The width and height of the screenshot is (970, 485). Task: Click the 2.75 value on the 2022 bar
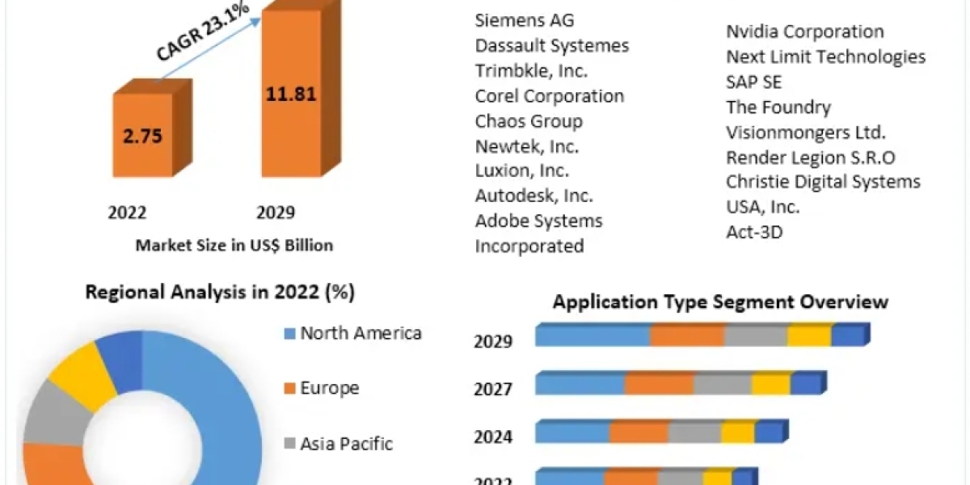tap(142, 135)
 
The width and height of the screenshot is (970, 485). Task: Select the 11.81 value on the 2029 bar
tap(291, 93)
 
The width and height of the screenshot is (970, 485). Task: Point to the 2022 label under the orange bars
tap(127, 213)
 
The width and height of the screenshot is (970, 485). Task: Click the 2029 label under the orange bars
tap(276, 213)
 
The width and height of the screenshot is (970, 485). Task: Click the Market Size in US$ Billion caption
tap(234, 245)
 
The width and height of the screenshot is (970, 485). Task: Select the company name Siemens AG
tap(525, 20)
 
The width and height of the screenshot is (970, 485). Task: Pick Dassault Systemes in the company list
tap(552, 45)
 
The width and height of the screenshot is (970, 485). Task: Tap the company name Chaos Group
tap(529, 121)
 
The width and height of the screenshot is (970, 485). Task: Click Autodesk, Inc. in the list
tap(534, 196)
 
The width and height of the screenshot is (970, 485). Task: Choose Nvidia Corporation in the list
tap(805, 32)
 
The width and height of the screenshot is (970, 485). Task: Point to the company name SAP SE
tap(754, 82)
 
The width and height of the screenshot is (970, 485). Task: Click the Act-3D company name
tap(755, 232)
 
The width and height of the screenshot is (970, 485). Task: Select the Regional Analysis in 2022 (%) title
tap(220, 293)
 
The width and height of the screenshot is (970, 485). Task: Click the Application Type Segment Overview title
tap(720, 302)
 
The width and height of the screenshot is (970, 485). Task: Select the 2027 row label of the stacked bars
tap(493, 390)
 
